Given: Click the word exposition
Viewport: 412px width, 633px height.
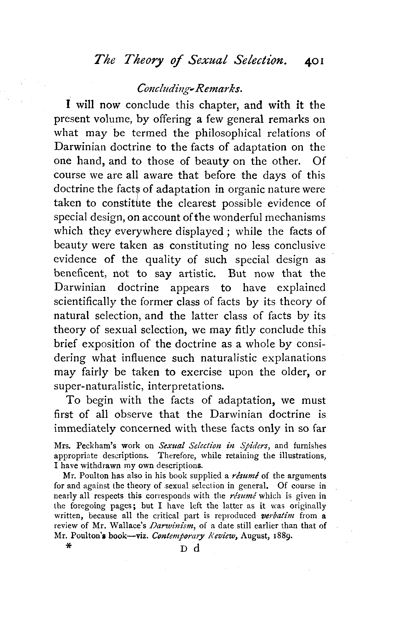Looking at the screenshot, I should [115, 344].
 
